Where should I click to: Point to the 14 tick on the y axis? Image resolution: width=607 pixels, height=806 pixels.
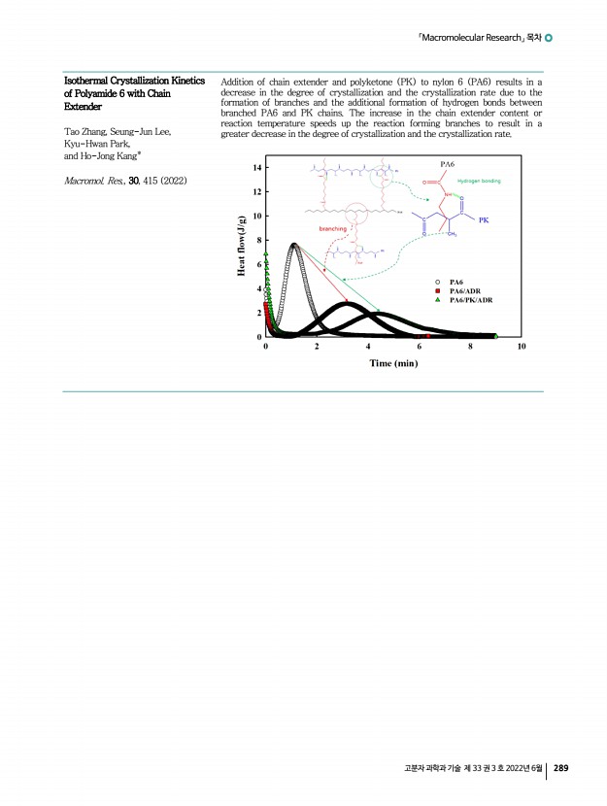click(256, 167)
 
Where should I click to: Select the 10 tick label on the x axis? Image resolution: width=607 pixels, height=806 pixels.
click(522, 346)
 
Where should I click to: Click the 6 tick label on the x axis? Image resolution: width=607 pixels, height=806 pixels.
click(419, 346)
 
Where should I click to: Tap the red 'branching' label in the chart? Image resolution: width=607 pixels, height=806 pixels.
click(326, 229)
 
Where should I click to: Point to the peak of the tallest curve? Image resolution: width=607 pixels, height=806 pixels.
click(294, 245)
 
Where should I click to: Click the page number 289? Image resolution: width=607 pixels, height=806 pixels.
click(560, 769)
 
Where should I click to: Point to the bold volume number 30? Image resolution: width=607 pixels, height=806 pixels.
click(122, 182)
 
